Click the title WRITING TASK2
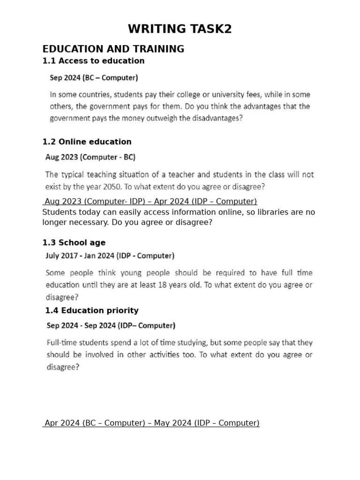[x=180, y=29]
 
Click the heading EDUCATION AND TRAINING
[x=113, y=49]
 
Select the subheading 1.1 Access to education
[x=93, y=60]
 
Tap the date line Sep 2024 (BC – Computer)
[x=94, y=77]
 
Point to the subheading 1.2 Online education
[x=87, y=142]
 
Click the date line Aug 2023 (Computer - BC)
[x=90, y=157]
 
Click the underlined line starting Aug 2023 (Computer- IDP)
[x=150, y=202]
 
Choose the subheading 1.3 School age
[x=74, y=242]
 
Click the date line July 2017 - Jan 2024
[x=110, y=256]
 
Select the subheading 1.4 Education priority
[x=92, y=310]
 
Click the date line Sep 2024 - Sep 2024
[x=111, y=325]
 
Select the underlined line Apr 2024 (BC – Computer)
[x=151, y=423]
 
